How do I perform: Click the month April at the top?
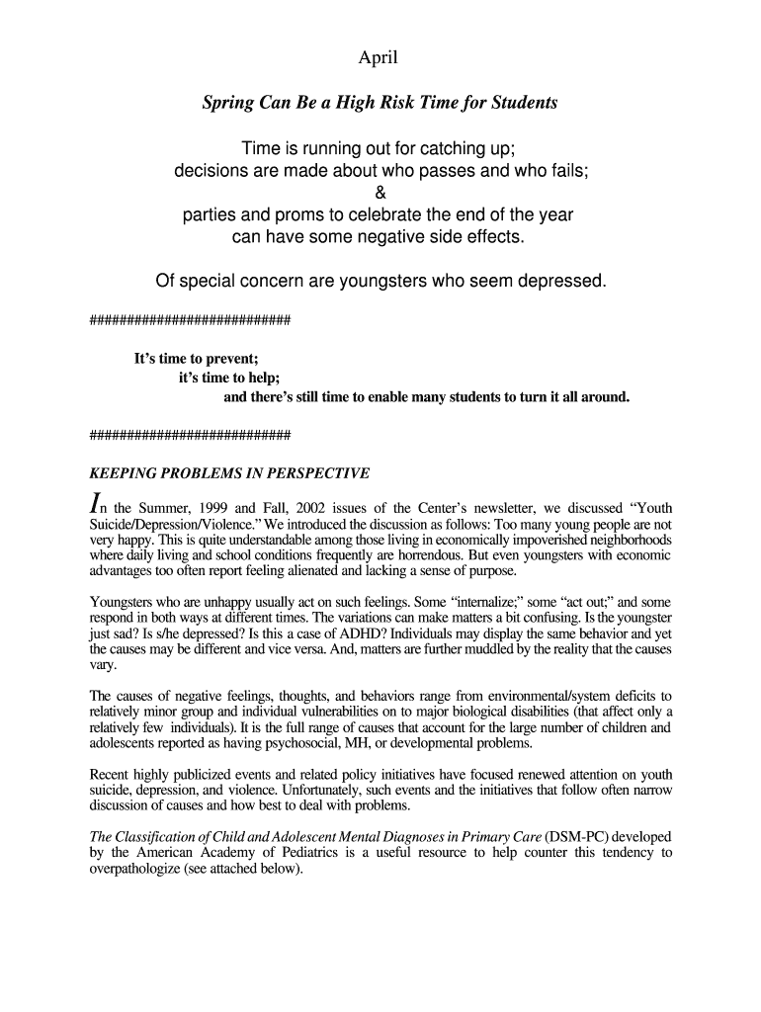[x=379, y=58]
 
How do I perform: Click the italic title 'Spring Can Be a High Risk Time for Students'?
[x=380, y=103]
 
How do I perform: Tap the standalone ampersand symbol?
[x=380, y=193]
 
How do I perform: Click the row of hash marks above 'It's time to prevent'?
[x=190, y=319]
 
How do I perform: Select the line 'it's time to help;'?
[x=229, y=378]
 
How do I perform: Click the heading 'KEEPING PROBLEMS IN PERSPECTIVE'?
[x=229, y=473]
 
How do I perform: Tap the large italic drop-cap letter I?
[x=96, y=505]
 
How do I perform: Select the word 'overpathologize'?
[x=138, y=869]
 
